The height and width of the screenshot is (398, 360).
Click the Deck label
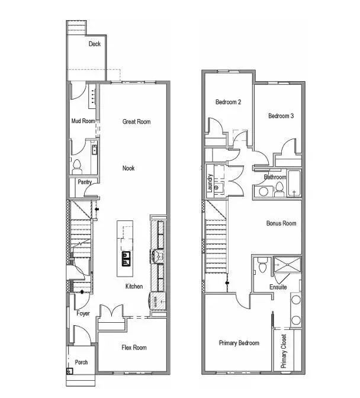point(95,44)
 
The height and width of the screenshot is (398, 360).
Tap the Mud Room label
point(83,121)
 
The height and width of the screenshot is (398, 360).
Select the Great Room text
point(136,121)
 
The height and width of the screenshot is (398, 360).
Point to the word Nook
point(128,168)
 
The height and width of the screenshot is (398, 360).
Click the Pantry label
point(85,182)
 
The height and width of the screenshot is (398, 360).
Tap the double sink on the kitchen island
point(126,258)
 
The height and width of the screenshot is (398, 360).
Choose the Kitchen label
point(134,287)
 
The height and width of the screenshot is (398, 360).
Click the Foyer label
point(83,313)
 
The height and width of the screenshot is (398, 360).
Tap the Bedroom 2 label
point(228,102)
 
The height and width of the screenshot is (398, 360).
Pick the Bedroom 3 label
point(281,116)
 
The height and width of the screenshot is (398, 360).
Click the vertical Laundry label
point(210,184)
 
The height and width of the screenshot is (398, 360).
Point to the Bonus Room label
point(281,223)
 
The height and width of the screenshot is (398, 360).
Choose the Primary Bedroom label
point(239,343)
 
